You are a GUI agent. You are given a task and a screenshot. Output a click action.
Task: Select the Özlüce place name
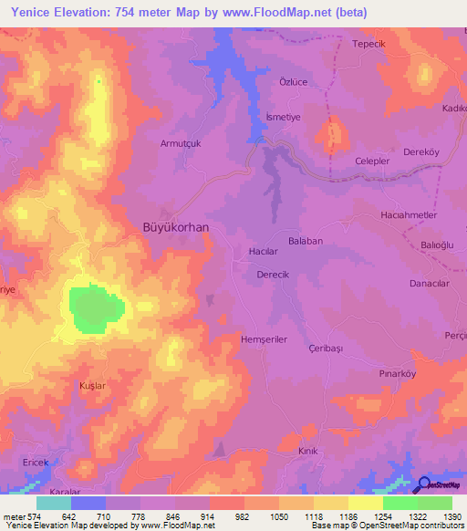tap(283, 80)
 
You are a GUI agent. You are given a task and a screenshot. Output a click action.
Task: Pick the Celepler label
tap(373, 161)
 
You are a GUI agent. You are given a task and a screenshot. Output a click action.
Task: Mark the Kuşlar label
tap(93, 386)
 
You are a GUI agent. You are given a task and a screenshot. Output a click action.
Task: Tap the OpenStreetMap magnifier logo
tap(423, 486)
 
